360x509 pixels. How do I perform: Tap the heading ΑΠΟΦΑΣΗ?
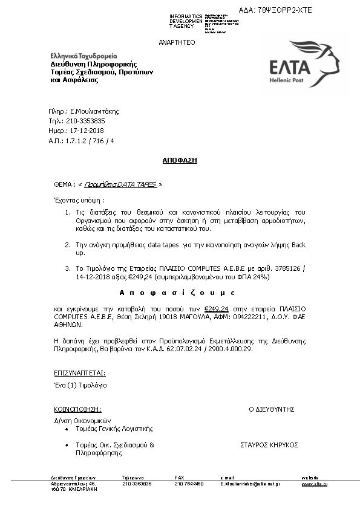[180, 161]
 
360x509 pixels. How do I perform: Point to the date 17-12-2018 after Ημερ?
[88, 131]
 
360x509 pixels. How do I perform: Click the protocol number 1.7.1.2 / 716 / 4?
[90, 140]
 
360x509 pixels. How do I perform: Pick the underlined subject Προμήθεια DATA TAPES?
[120, 184]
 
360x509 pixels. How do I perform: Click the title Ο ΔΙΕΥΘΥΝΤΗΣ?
[271, 409]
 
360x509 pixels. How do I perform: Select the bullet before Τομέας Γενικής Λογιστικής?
[67, 429]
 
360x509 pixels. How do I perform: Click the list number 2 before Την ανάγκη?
[67, 245]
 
